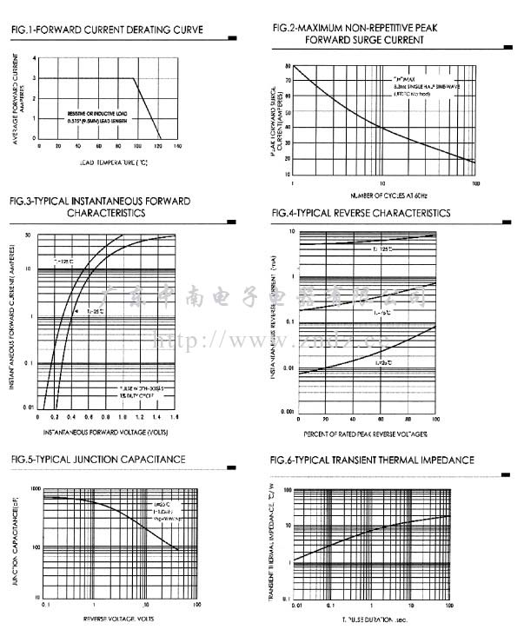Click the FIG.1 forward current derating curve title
tap(107, 31)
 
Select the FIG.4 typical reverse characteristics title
tap(361, 213)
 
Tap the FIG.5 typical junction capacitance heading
tap(97, 459)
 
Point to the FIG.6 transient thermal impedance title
tap(372, 460)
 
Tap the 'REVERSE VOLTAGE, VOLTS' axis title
tap(118, 619)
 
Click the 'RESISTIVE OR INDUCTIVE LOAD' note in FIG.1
tap(99, 114)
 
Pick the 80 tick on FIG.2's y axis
tap(288, 66)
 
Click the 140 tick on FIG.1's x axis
tap(177, 146)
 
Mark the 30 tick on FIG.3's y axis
tap(29, 235)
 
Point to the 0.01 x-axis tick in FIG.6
tap(298, 605)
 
